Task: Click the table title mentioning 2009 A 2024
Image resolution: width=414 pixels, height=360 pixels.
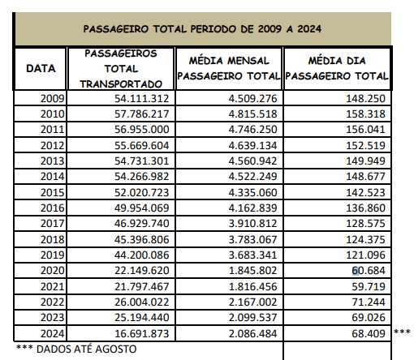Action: pos(202,29)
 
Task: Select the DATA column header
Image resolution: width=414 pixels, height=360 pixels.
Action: pos(41,68)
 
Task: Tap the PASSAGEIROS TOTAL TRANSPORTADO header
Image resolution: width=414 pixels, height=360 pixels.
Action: pos(121,69)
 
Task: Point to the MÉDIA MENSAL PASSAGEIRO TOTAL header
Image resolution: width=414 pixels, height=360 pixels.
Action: pos(229,68)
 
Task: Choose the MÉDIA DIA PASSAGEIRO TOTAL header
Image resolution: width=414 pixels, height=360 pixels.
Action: pos(337,68)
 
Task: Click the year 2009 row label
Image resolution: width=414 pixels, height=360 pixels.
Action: pos(53,98)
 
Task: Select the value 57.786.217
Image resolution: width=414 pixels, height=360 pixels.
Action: pos(142,114)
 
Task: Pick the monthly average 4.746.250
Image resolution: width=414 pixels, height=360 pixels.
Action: pos(252,129)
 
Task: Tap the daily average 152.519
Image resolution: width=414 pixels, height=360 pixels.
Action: pos(365,145)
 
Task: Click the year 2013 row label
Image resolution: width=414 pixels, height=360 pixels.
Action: pos(53,161)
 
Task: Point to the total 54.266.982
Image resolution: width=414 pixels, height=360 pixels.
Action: pos(142,176)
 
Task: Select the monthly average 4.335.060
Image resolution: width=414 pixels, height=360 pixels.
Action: pos(252,192)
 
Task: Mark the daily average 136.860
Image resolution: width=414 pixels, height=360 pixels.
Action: pos(365,208)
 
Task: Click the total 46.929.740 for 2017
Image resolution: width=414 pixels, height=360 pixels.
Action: pos(142,223)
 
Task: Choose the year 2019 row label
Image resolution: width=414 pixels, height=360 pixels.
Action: pos(53,255)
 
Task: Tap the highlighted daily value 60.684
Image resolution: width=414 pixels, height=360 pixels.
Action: pos(369,270)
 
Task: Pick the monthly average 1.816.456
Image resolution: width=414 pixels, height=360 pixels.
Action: pos(252,286)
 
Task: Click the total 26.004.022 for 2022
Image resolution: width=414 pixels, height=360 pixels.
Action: pos(142,302)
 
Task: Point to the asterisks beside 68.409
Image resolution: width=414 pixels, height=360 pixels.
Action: pos(402,331)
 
